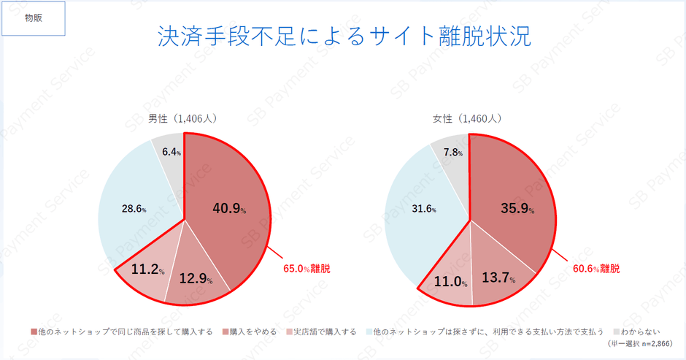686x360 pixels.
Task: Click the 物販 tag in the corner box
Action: coord(34,18)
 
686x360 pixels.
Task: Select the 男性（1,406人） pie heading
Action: coord(182,118)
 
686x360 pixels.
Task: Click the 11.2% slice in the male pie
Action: coord(147,269)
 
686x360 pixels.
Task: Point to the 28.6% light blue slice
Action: coord(134,209)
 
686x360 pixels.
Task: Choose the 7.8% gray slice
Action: coord(452,153)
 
